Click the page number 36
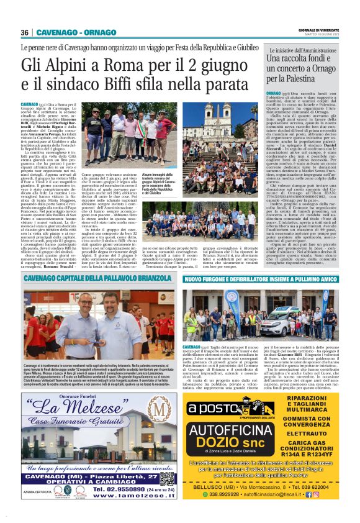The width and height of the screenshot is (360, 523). coord(24,32)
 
